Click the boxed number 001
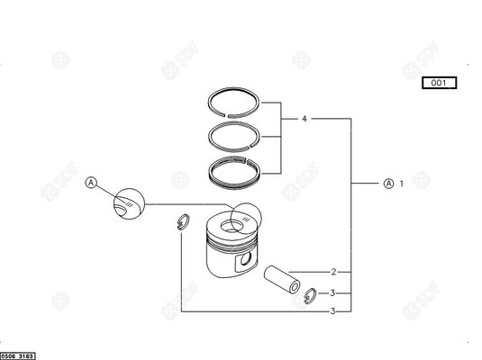coord(438,83)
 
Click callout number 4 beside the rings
coord(304,118)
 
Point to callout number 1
coord(401,183)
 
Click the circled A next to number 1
coord(388,183)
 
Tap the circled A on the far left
coord(90,183)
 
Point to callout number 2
coord(333,271)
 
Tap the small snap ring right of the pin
coord(309,292)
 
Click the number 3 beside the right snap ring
coord(332,292)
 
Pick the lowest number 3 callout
coord(332,311)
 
